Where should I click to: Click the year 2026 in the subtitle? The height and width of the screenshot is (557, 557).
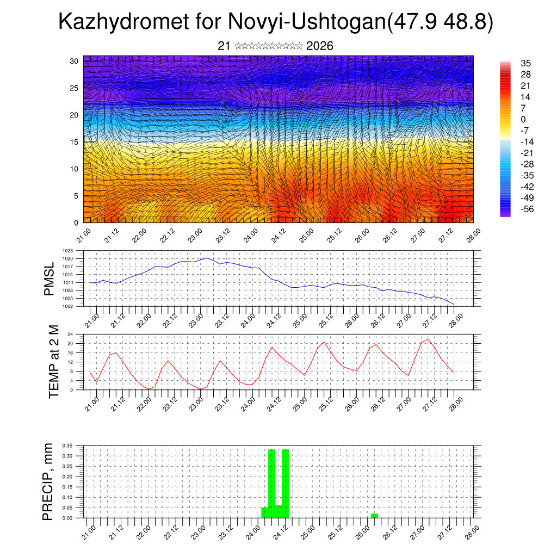[319, 46]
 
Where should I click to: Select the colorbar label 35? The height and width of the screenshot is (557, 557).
[525, 63]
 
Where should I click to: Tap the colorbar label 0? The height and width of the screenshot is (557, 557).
[523, 119]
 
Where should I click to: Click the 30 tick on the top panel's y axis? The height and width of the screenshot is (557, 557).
[75, 61]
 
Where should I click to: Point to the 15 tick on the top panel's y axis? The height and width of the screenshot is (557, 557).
[75, 142]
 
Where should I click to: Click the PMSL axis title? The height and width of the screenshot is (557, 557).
[49, 278]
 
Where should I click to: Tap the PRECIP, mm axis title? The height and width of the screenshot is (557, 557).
[49, 481]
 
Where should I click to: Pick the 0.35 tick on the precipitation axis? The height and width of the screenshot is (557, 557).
[68, 445]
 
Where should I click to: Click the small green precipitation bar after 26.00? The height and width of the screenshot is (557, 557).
[374, 516]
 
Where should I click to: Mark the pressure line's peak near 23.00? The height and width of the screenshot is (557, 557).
[207, 258]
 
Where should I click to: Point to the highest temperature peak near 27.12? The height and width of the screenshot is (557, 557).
[428, 340]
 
